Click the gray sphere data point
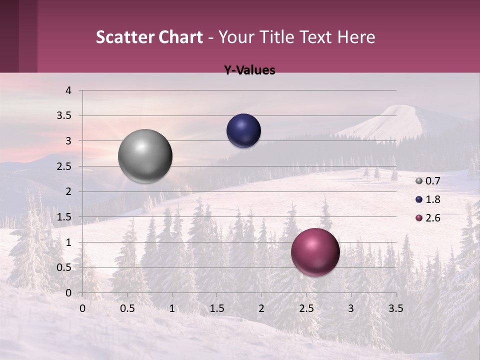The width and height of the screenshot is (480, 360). click(x=145, y=156)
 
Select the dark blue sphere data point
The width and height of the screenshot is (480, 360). click(x=243, y=131)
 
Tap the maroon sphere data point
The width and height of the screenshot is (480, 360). click(x=315, y=252)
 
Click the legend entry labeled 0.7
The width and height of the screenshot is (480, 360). click(x=428, y=181)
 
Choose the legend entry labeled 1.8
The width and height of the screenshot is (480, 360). click(x=428, y=199)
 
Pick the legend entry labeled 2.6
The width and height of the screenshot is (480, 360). click(x=428, y=218)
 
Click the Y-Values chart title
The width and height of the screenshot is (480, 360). click(x=249, y=70)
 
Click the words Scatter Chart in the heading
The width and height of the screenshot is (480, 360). click(x=149, y=37)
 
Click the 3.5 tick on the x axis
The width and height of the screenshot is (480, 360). click(x=395, y=308)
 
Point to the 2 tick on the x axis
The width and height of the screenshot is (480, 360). click(x=261, y=308)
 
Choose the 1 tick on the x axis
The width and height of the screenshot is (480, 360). click(x=172, y=308)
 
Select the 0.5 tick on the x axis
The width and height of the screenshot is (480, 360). click(x=127, y=308)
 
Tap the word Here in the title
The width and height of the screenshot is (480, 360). click(x=356, y=37)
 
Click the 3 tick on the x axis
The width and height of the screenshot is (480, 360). click(x=351, y=308)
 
